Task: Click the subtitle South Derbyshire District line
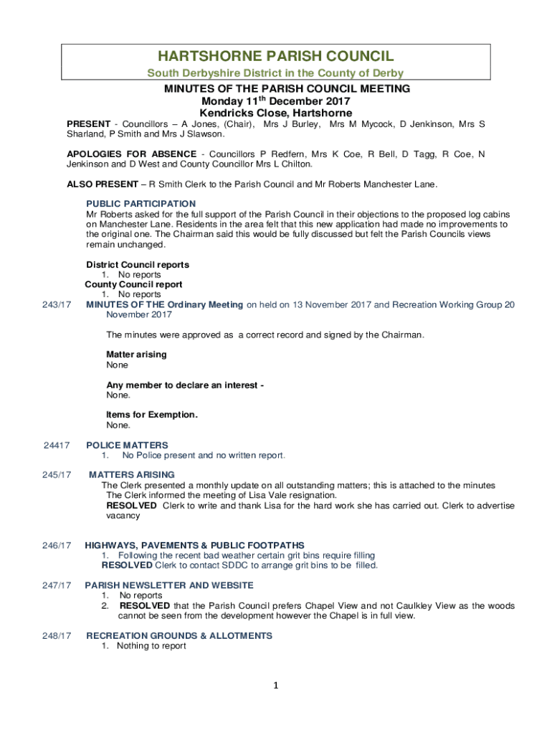coord(275,73)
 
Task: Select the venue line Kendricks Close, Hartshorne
coord(275,113)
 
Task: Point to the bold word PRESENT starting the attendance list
coord(88,124)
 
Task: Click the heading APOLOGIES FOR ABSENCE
coord(131,154)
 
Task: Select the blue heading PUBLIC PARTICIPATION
coord(141,204)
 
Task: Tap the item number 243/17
coord(57,305)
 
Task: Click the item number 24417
coord(57,446)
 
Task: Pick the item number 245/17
coord(57,474)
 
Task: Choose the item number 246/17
coord(57,546)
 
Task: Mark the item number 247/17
coord(57,586)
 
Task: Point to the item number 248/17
coord(57,636)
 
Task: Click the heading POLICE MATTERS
coord(127,446)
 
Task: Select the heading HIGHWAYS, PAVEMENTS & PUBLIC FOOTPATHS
coord(194,546)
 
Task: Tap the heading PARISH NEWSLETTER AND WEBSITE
coord(169,586)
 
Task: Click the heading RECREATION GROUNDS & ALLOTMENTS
coord(179,636)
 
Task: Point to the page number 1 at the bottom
coord(275,686)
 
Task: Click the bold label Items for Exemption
coord(152,415)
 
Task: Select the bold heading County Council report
coord(133,285)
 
